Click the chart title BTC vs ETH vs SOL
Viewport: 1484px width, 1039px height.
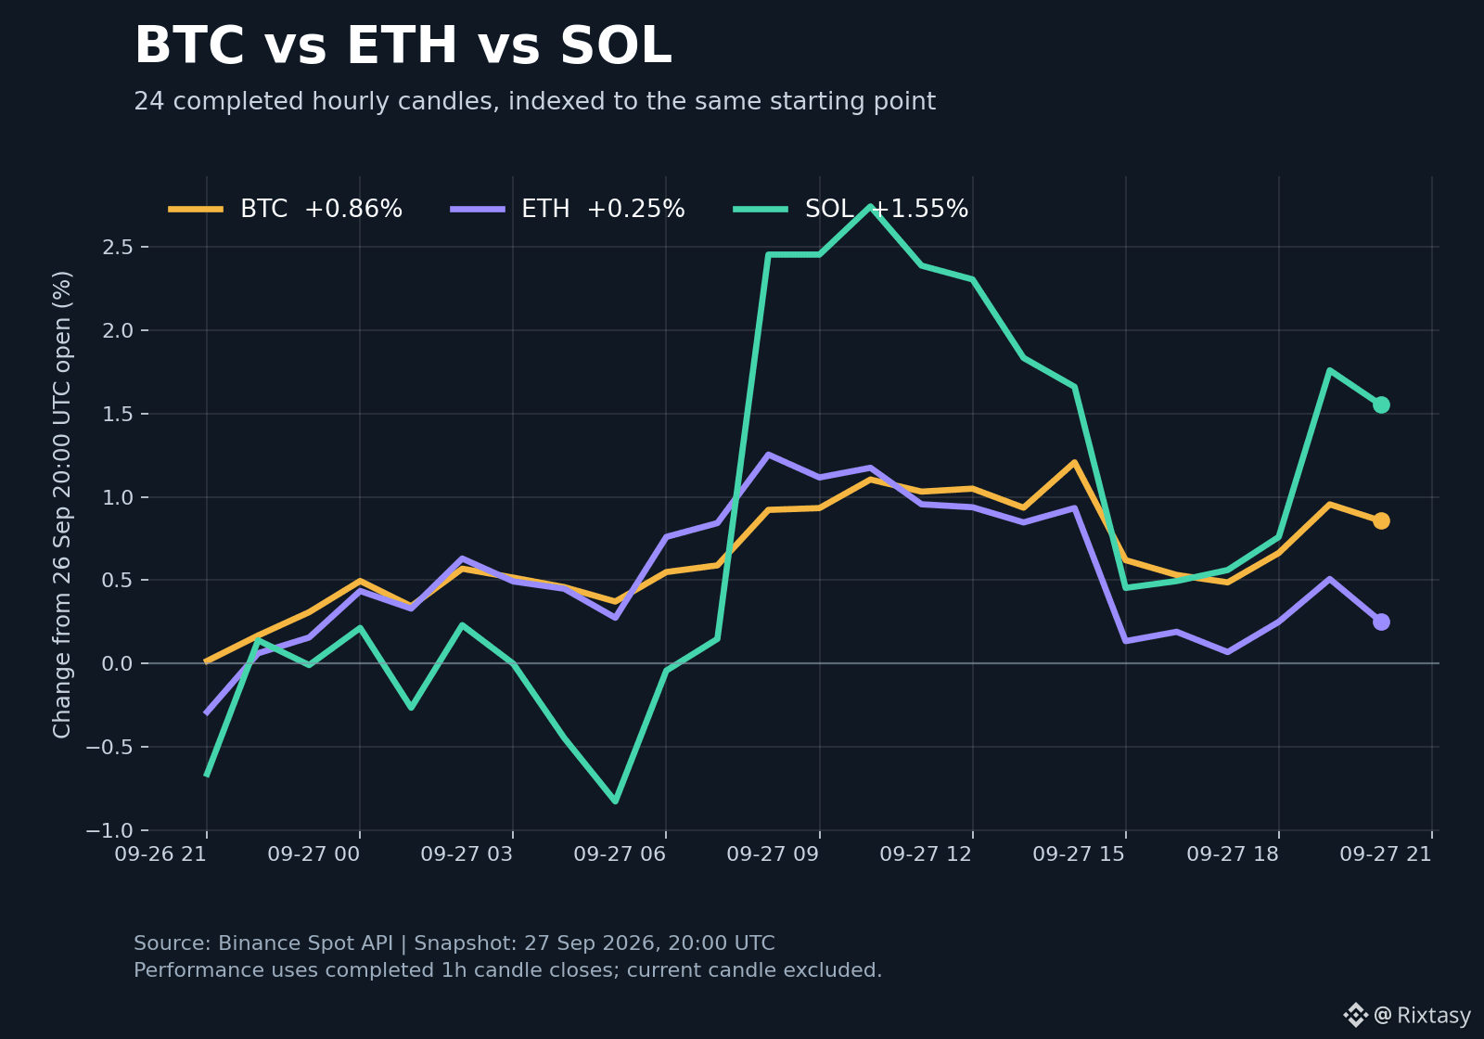point(403,45)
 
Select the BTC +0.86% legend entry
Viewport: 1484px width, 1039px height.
point(285,209)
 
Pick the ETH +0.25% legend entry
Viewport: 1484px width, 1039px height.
point(567,209)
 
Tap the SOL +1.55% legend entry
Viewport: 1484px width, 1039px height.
point(851,209)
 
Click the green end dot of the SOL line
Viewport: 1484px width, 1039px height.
point(1381,404)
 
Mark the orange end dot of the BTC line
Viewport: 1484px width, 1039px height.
point(1381,520)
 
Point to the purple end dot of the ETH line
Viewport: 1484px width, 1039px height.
point(1381,622)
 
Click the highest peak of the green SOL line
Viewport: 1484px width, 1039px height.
point(870,207)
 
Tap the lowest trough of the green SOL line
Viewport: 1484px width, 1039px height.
point(616,802)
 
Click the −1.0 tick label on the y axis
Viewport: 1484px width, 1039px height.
point(109,830)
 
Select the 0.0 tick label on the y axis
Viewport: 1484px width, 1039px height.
point(118,663)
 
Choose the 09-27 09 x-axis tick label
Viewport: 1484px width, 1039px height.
point(773,854)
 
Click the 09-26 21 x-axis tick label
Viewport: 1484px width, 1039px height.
point(160,854)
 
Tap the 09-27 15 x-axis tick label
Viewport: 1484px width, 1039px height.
point(1079,854)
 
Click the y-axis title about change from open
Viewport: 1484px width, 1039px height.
point(62,505)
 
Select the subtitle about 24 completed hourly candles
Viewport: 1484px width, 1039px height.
point(534,101)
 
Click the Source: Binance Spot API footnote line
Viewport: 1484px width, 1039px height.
point(454,943)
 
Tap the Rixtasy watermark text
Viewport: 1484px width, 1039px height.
point(1434,1015)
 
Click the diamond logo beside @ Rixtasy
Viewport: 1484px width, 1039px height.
point(1355,1015)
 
